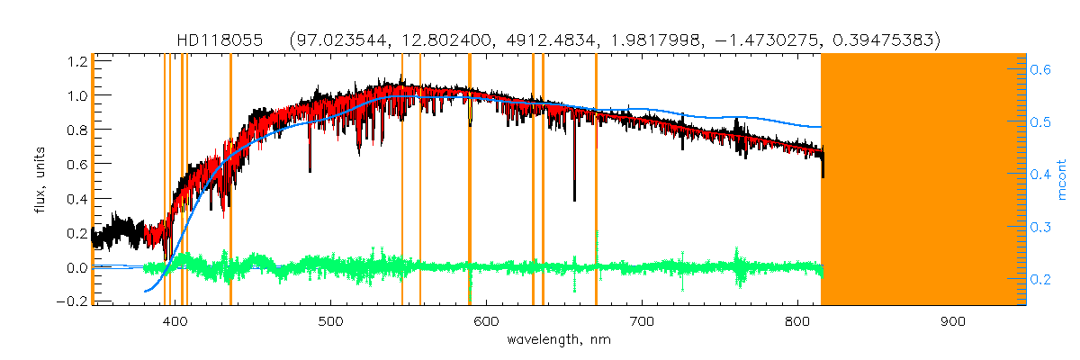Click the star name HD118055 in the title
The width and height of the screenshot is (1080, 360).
220,40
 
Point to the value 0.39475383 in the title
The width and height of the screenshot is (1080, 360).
887,40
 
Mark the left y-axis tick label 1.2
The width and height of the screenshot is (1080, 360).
75,61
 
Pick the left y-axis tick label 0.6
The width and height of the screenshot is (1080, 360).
75,165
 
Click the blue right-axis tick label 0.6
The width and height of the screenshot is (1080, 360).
1044,68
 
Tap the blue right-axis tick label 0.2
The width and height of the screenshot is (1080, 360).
1044,280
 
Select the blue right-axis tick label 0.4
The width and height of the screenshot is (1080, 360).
1044,175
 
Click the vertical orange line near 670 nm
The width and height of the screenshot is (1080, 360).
596,180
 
